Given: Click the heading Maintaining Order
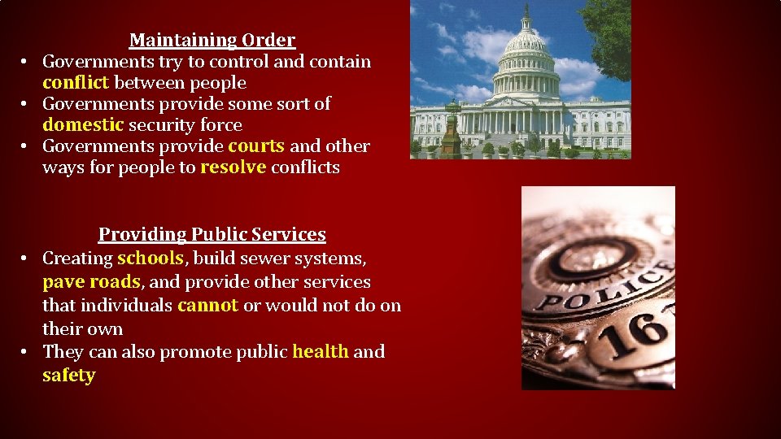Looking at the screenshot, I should pyautogui.click(x=212, y=40).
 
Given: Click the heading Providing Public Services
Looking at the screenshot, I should pyautogui.click(x=212, y=234).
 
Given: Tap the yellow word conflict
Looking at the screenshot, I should pyautogui.click(x=76, y=83).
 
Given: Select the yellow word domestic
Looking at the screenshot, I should pyautogui.click(x=83, y=125).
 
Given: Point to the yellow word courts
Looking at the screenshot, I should pyautogui.click(x=256, y=146).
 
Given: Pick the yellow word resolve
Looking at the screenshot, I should pyautogui.click(x=233, y=167).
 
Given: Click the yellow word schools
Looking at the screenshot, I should pyautogui.click(x=151, y=259).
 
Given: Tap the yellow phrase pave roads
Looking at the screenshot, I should pyautogui.click(x=91, y=282).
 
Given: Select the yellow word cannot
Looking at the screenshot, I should pyautogui.click(x=207, y=306).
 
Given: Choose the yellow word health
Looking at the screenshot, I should pyautogui.click(x=321, y=352).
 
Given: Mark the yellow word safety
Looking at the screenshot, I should pyautogui.click(x=69, y=376).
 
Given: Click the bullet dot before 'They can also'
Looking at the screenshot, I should pyautogui.click(x=25, y=352).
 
